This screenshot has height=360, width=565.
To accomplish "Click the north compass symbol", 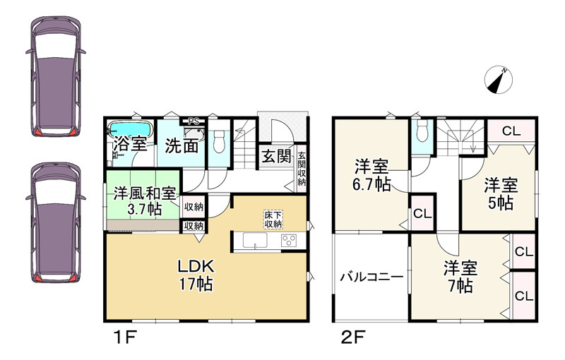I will [x=499, y=80].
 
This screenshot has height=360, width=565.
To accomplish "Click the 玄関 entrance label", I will [x=277, y=156].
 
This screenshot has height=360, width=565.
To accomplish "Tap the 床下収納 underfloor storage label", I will [x=273, y=218].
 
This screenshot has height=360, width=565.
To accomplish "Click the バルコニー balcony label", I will [x=370, y=277].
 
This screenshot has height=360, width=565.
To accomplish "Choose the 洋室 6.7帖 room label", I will [x=371, y=176].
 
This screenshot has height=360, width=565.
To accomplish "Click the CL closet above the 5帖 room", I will [x=512, y=131].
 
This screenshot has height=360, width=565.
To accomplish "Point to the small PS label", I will [x=195, y=121].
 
